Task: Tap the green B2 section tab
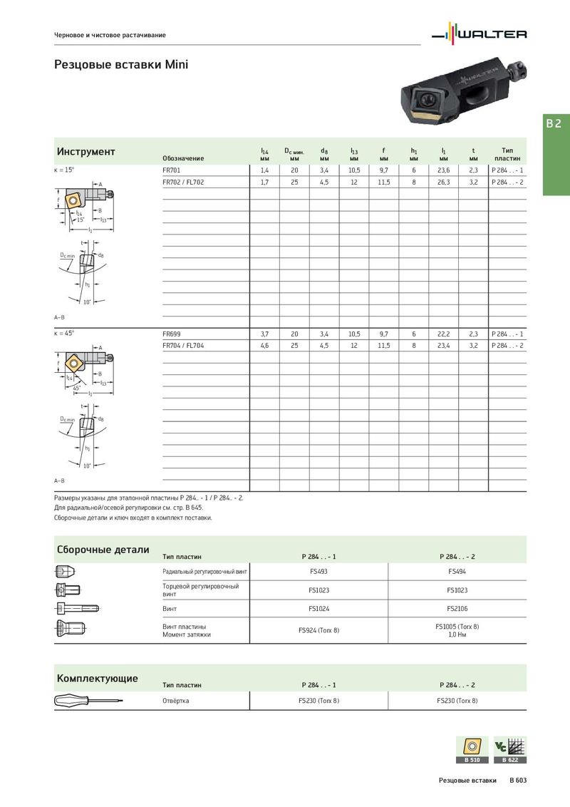click(556, 123)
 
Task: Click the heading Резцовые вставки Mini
click(121, 65)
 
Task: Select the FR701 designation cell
click(172, 171)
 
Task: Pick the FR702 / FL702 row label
click(183, 183)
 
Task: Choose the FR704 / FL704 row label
click(183, 345)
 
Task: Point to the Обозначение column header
click(183, 158)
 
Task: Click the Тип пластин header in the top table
click(507, 155)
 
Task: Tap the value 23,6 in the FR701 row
click(443, 171)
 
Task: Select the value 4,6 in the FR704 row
click(264, 345)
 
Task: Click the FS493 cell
click(318, 571)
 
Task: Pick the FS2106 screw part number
click(457, 609)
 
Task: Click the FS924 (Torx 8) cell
click(318, 630)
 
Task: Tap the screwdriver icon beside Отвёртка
click(87, 701)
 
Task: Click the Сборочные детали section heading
click(103, 550)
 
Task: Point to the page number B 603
click(518, 781)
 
